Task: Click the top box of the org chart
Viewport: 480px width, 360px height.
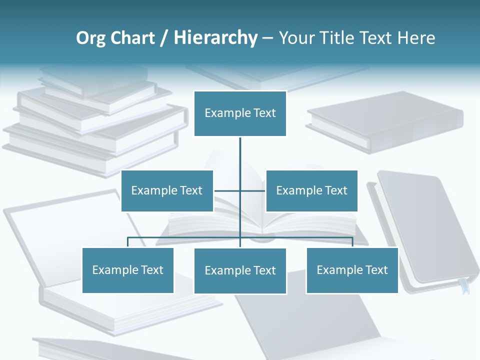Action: (x=240, y=113)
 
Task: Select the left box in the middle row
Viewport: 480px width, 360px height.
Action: (x=167, y=190)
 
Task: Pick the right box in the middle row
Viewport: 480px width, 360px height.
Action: (x=311, y=190)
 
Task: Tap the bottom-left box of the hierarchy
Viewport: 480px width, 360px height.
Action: (x=127, y=270)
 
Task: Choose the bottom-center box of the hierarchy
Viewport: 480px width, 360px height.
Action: (x=240, y=270)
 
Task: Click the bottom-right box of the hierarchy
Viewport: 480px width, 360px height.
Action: (x=352, y=270)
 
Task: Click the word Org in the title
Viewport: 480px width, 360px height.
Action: (x=90, y=38)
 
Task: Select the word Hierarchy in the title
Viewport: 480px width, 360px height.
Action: (x=215, y=38)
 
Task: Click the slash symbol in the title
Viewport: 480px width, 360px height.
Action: (x=164, y=38)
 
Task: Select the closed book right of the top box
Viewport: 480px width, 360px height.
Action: (x=385, y=120)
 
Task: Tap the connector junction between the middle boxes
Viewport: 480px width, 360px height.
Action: (x=240, y=190)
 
